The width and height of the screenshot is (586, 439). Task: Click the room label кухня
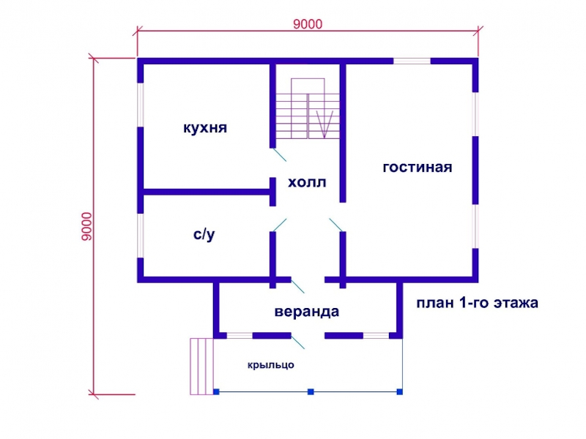(205, 128)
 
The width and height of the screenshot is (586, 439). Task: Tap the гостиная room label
(418, 168)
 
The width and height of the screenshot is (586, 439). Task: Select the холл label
(307, 182)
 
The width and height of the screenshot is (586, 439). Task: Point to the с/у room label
(204, 234)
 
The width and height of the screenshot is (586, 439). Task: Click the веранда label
(307, 312)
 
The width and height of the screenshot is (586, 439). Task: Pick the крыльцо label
(270, 365)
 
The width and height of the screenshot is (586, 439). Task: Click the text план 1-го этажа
(478, 303)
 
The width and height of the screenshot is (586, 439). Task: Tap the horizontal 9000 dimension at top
(308, 24)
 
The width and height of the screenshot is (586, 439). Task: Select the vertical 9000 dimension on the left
(86, 227)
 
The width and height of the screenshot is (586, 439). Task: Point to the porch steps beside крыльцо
(202, 367)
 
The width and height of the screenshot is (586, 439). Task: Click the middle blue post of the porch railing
(311, 391)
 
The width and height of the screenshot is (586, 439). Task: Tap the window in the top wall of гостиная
(412, 61)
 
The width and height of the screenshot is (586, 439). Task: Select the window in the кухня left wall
(141, 105)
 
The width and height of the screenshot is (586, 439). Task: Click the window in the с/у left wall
(141, 236)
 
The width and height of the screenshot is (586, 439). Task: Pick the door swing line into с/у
(280, 225)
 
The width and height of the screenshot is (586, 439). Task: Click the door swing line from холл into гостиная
(335, 225)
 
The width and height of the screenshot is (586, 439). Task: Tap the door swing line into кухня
(280, 155)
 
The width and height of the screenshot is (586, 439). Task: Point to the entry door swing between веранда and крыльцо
(298, 342)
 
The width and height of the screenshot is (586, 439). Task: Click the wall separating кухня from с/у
(207, 192)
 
